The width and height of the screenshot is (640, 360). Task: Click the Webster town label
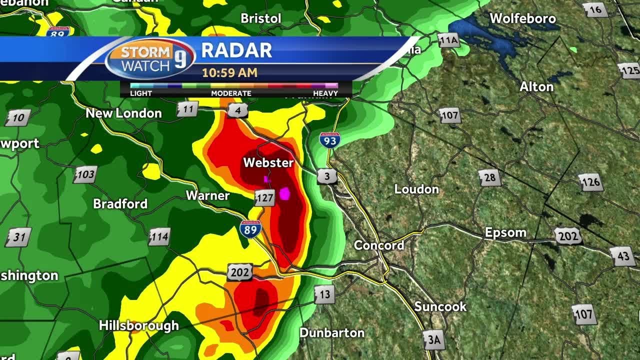268,162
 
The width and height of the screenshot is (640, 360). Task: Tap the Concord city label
379,245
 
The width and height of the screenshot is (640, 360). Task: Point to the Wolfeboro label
522,19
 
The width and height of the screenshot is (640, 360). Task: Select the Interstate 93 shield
330,139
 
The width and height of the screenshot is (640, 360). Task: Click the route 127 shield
264,198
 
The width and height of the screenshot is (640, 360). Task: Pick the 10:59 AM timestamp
229,72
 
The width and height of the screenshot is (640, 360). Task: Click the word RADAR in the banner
236,50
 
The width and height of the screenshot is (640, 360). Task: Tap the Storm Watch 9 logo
145,59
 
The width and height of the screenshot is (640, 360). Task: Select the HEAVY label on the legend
325,93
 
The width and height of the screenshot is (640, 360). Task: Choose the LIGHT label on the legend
141,93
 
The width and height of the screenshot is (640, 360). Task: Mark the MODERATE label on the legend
231,93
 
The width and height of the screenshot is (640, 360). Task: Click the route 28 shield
489,178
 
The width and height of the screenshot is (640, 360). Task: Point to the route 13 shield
324,294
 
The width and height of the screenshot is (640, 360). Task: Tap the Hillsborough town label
138,325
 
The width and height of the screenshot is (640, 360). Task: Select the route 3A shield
433,340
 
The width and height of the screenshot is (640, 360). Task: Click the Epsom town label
505,232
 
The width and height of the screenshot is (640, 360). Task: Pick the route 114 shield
159,236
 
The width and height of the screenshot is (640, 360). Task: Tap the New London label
123,113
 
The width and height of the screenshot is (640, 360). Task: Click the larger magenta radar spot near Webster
285,193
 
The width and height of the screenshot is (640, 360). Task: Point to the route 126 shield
590,182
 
